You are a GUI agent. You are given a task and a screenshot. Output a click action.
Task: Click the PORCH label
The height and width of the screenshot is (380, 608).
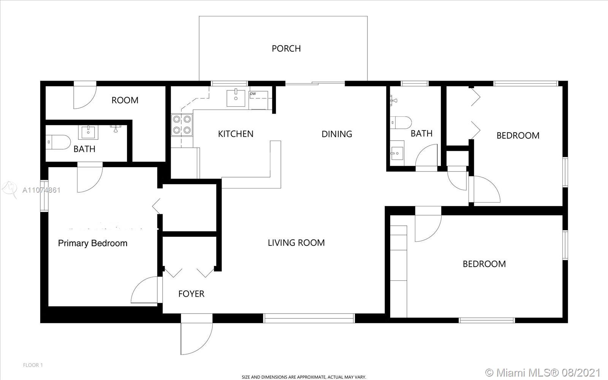[x=286, y=49]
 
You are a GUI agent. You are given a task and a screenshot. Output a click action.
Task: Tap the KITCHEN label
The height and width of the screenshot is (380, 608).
[x=236, y=134]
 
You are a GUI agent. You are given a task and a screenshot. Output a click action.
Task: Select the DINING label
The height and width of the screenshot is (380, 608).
[x=337, y=134]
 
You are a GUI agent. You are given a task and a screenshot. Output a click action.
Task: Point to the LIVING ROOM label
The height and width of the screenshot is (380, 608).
[x=296, y=243]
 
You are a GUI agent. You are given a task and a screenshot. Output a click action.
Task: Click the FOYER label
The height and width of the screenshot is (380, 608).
[x=192, y=294]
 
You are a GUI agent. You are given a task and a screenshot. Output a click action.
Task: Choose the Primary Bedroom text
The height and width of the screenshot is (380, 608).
[x=93, y=243]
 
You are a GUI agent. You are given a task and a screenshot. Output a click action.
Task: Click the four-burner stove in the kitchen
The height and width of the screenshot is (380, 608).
[x=182, y=125]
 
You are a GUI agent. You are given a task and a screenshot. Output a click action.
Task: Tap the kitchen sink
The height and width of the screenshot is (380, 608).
[x=236, y=98]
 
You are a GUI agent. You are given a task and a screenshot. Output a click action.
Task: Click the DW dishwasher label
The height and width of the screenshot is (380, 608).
[x=253, y=93]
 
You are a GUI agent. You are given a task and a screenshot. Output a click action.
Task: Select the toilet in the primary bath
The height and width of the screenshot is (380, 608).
[x=58, y=142]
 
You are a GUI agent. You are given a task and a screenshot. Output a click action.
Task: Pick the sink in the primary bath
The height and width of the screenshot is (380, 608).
[x=88, y=133]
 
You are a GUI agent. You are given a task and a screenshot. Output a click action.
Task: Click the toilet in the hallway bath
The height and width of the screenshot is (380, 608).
[x=401, y=123]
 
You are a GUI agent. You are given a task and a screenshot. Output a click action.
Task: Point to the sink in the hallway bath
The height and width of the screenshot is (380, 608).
[x=397, y=153]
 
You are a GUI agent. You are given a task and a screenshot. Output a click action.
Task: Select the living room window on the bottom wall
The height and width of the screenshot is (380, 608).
[x=309, y=318]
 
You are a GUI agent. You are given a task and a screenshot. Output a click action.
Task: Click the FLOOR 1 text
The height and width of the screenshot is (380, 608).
[x=33, y=365]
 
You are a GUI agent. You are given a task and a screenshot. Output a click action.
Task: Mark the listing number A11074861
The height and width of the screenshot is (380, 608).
[x=41, y=190]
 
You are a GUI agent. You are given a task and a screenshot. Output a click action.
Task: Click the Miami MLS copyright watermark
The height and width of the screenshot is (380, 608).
[x=543, y=372]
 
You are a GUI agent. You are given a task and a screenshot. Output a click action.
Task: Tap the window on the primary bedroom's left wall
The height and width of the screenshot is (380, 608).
[x=44, y=196]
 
